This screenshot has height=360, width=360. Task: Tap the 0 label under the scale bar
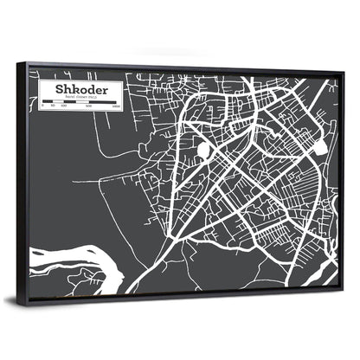(x=43, y=106)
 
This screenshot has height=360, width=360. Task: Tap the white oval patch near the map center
(x=203, y=151)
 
